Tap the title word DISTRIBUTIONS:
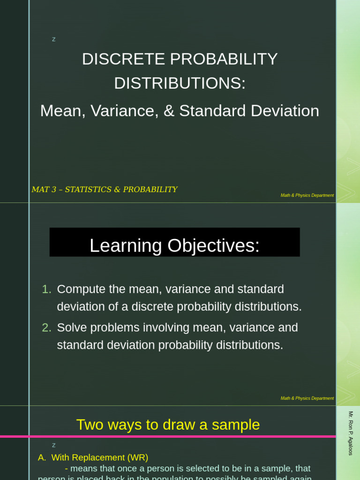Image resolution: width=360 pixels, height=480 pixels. [x=180, y=83]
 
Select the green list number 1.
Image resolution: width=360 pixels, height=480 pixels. [x=46, y=289]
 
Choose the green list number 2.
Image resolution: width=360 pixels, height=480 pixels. [x=46, y=328]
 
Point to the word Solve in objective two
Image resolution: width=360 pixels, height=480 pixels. [x=71, y=328]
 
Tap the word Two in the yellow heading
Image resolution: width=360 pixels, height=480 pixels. [x=90, y=425]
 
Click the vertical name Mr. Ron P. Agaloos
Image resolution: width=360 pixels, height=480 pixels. [x=351, y=433]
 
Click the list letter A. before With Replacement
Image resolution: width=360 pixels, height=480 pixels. [x=42, y=457]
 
